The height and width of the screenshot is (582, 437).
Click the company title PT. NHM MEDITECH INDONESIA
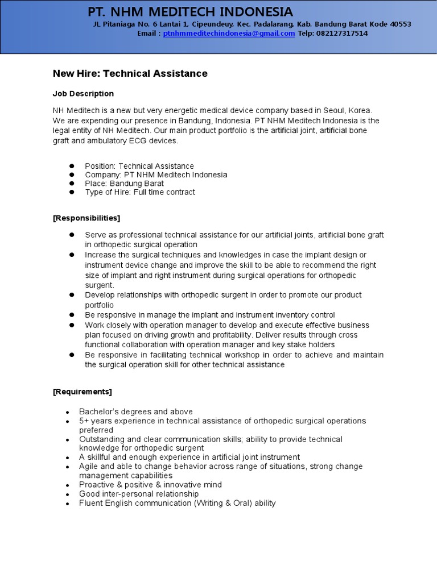pyautogui.click(x=190, y=11)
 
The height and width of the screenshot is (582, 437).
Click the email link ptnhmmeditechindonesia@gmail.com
pyautogui.click(x=229, y=34)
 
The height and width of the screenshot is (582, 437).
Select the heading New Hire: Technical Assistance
pyautogui.click(x=130, y=73)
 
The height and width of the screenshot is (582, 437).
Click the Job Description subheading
pyautogui.click(x=83, y=94)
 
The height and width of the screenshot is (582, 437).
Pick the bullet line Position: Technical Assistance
pyautogui.click(x=139, y=166)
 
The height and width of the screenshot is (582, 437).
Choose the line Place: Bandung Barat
pyautogui.click(x=124, y=184)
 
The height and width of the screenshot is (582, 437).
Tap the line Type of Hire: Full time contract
pyautogui.click(x=139, y=192)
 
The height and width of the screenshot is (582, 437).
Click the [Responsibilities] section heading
pyautogui.click(x=86, y=218)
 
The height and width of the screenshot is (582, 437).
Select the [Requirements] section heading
pyautogui.click(x=83, y=392)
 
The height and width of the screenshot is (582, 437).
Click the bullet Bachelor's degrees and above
pyautogui.click(x=135, y=411)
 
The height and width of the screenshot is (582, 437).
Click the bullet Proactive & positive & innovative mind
pyautogui.click(x=150, y=485)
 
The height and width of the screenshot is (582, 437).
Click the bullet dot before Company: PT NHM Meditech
pyautogui.click(x=72, y=175)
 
